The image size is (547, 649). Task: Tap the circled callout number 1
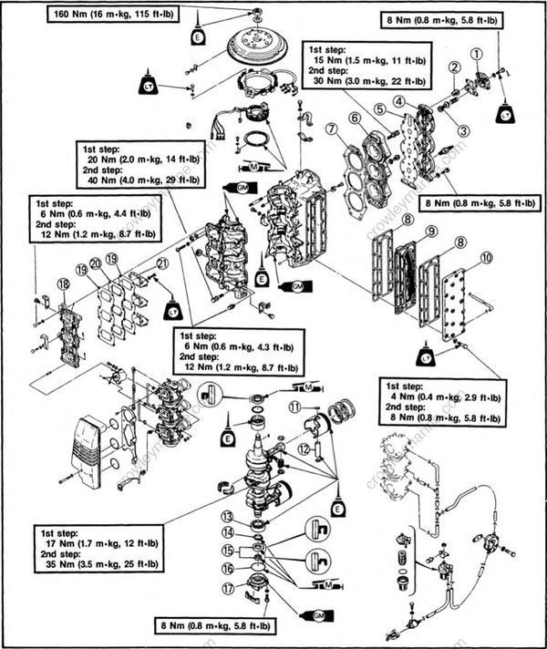click(475, 54)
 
